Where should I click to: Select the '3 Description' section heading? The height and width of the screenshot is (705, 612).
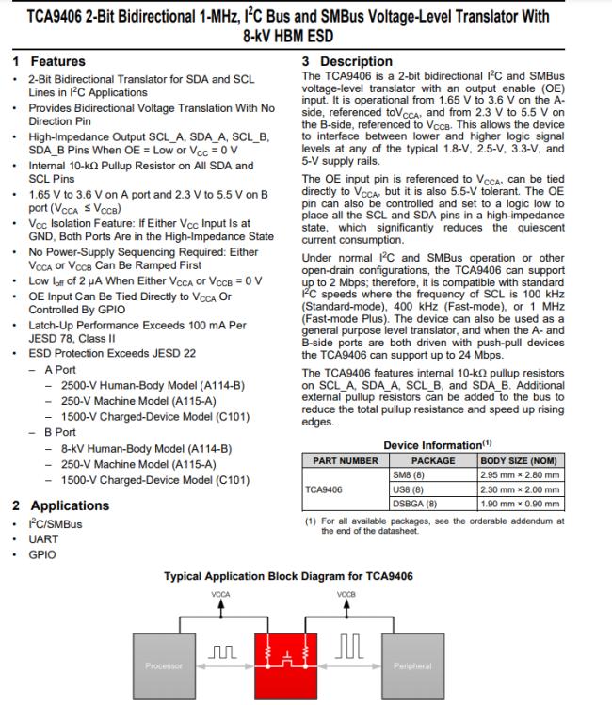coord(340,61)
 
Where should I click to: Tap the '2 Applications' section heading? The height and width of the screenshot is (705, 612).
coord(61,505)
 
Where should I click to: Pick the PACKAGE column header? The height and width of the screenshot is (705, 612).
coord(433,460)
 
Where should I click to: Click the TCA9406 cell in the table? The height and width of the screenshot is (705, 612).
coord(324,489)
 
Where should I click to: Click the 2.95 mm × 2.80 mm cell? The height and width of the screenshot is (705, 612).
coord(520,474)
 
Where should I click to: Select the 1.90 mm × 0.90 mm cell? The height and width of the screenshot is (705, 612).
coord(520,504)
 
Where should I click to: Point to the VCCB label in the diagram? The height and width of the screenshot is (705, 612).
coord(346,595)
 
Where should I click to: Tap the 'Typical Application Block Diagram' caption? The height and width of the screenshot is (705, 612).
coord(289,576)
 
